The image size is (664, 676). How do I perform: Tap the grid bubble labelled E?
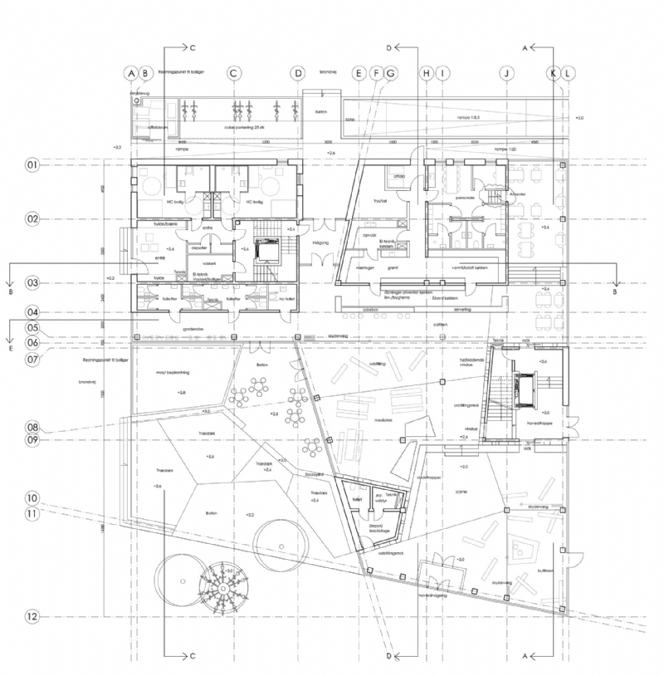click(358, 74)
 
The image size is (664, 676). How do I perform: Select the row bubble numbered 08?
click(32, 429)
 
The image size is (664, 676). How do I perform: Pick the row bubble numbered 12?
click(32, 616)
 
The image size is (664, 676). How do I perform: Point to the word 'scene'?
click(461, 492)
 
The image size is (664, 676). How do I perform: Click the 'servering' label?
click(437, 309)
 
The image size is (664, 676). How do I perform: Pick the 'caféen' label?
click(440, 325)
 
